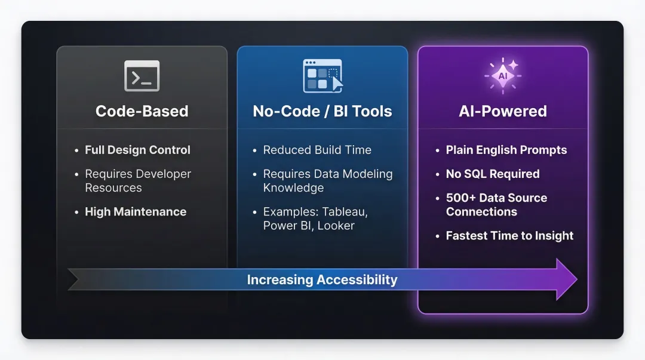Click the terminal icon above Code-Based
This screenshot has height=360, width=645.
(142, 76)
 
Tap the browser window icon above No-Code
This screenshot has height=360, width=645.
(322, 76)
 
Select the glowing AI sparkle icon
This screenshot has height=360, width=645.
(502, 76)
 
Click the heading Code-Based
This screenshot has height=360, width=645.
(142, 111)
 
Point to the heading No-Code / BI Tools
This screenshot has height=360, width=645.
(322, 111)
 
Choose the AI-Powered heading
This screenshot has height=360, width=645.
(503, 111)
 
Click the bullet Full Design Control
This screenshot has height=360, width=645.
(137, 150)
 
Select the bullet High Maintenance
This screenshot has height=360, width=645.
(136, 212)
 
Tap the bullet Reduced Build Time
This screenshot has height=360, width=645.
(317, 150)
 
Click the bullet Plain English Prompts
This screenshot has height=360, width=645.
(506, 150)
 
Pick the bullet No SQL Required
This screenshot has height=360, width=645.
(493, 174)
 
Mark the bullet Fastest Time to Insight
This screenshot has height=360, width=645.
(509, 236)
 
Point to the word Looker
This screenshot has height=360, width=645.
(336, 226)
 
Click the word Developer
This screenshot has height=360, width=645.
(161, 174)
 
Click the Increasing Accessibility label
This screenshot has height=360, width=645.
(322, 279)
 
